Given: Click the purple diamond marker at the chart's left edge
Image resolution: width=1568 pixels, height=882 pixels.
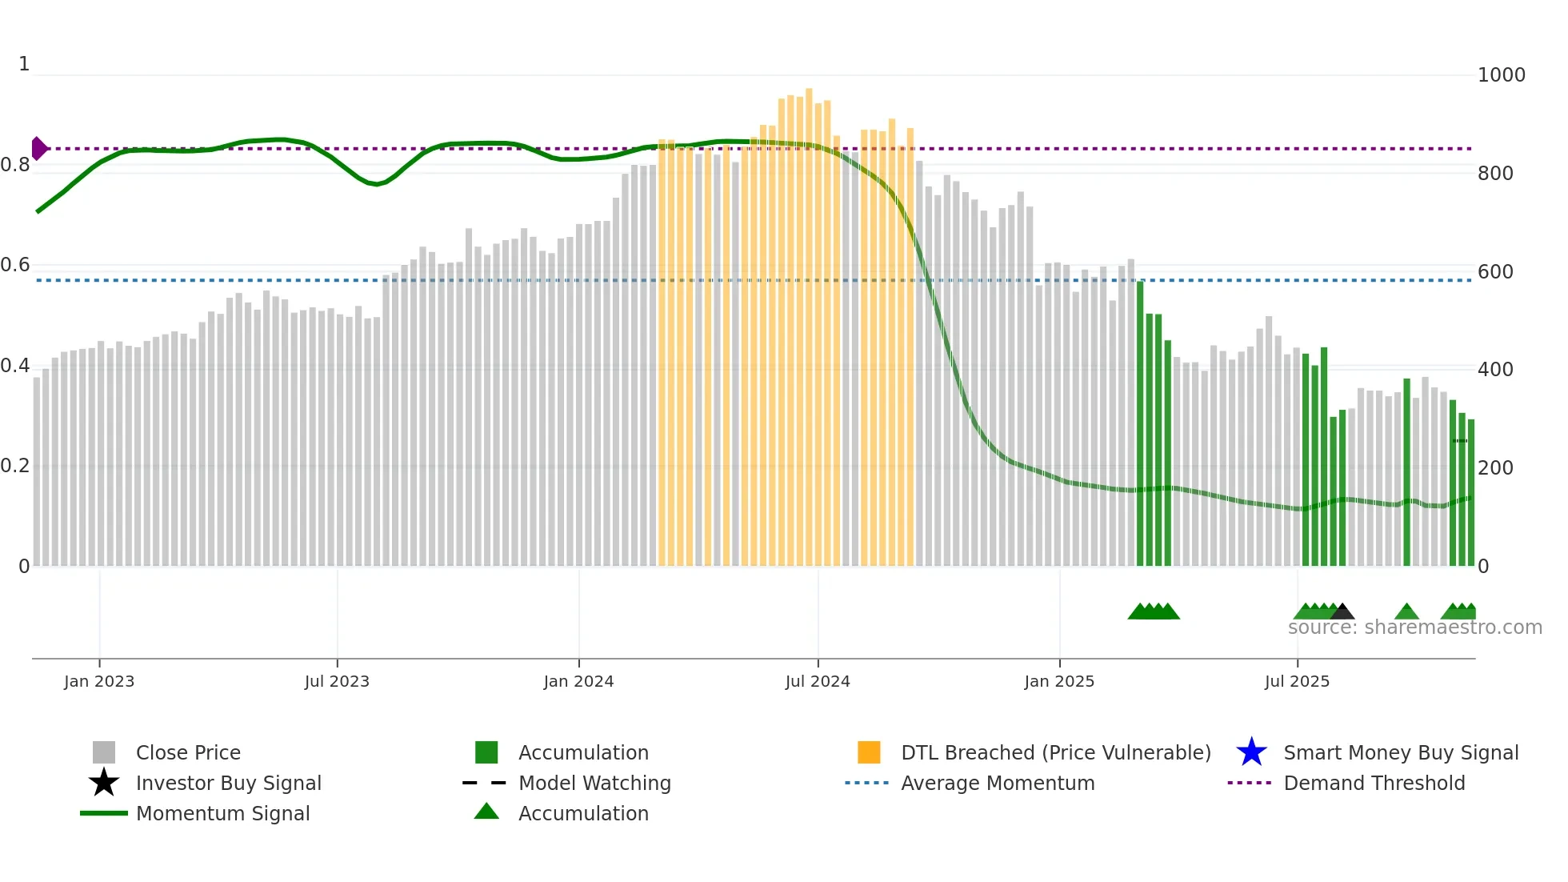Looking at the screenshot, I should (x=38, y=148).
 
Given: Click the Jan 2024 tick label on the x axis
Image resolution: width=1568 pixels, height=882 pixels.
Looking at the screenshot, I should (x=578, y=681).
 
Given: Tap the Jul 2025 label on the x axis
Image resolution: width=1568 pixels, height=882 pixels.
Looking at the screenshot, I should (x=1297, y=681).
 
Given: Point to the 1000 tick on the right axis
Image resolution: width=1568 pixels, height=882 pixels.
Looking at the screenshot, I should (x=1501, y=75).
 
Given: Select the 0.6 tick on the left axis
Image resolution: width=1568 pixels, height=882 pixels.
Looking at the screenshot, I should (x=16, y=265).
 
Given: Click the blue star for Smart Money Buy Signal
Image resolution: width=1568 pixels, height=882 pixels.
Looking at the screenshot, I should (x=1251, y=752).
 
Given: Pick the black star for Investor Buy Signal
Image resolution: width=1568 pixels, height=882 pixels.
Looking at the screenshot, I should (x=104, y=783).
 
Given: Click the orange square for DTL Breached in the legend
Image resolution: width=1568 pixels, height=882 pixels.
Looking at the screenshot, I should (x=869, y=752).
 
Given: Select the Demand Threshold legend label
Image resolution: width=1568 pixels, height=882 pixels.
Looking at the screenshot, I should (x=1374, y=783).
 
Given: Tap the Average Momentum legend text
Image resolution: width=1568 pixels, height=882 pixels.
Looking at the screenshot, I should (x=998, y=783).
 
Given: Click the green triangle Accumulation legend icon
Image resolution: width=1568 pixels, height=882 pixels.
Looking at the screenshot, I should (x=486, y=812).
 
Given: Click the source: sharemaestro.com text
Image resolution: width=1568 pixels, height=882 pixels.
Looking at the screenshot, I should (x=1414, y=627).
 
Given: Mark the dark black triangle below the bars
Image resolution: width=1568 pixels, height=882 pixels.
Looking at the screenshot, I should (x=1342, y=611).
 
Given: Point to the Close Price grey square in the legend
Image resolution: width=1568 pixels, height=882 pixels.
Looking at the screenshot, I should (x=104, y=752).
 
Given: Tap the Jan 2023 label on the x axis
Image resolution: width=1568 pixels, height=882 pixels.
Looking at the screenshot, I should (x=99, y=681).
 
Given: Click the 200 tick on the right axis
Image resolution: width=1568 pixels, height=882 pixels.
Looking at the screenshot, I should (x=1495, y=467).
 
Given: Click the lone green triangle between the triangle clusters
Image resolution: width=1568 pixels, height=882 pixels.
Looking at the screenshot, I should (x=1406, y=612).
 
